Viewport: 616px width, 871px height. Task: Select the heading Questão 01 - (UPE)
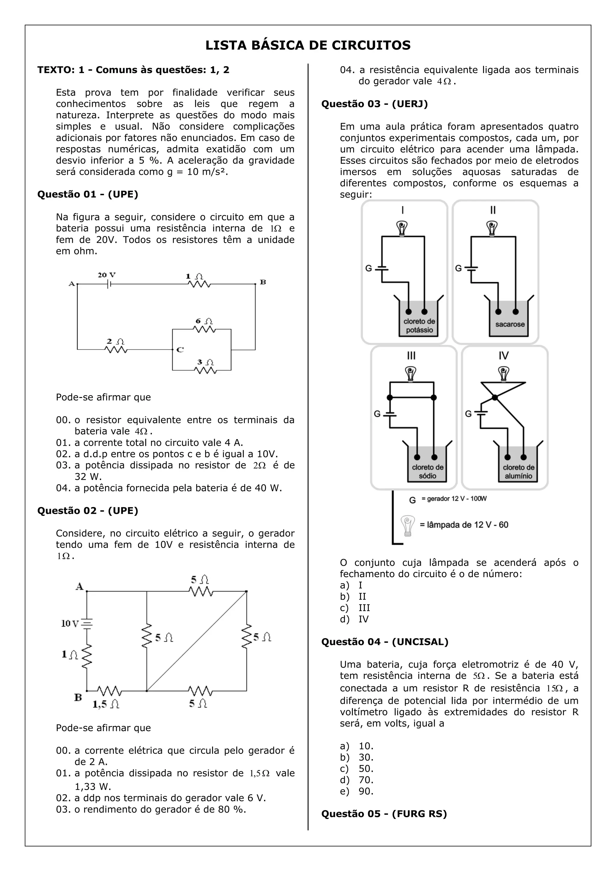(88, 194)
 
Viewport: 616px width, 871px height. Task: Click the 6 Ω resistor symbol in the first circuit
(205, 329)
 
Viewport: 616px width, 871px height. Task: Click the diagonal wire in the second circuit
(196, 641)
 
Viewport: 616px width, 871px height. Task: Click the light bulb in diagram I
(402, 228)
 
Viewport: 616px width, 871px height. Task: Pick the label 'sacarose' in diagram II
(510, 324)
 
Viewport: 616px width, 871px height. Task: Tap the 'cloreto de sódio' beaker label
(427, 472)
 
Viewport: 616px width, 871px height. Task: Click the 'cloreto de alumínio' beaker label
(519, 472)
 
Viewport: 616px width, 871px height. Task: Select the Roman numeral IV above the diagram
(504, 355)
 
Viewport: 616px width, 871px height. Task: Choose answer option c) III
(364, 608)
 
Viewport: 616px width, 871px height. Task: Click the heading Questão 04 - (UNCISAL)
(385, 642)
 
